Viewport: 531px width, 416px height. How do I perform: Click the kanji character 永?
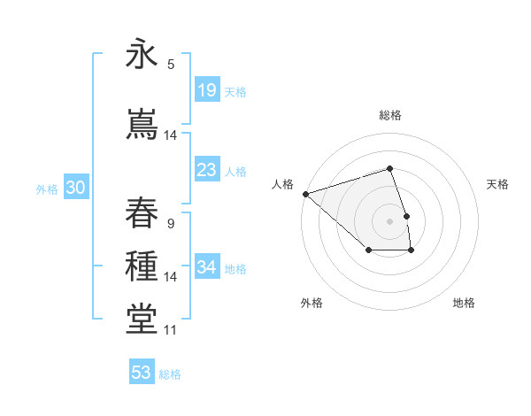[x=142, y=55]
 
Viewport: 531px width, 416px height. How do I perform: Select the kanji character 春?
[x=142, y=212]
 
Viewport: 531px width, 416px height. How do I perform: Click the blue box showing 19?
[x=207, y=89]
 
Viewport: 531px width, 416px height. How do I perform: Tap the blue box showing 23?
[x=207, y=170]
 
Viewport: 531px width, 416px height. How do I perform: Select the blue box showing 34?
[x=207, y=267]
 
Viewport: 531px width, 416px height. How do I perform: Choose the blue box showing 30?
[x=75, y=188]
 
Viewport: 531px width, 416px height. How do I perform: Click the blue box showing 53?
[x=142, y=373]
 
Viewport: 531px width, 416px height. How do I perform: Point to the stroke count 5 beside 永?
[x=171, y=64]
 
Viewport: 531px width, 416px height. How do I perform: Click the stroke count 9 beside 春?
[x=171, y=222]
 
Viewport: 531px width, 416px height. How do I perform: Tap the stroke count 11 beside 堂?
[x=171, y=330]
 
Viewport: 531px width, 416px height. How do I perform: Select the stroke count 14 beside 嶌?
[x=171, y=135]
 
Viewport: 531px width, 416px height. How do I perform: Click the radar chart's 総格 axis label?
[x=390, y=115]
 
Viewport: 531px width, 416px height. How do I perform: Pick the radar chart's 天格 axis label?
[x=498, y=184]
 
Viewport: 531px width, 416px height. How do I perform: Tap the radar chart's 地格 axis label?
[x=464, y=303]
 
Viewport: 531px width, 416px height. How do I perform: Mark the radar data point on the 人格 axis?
[x=305, y=193]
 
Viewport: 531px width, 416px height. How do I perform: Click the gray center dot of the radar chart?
[x=390, y=221]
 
